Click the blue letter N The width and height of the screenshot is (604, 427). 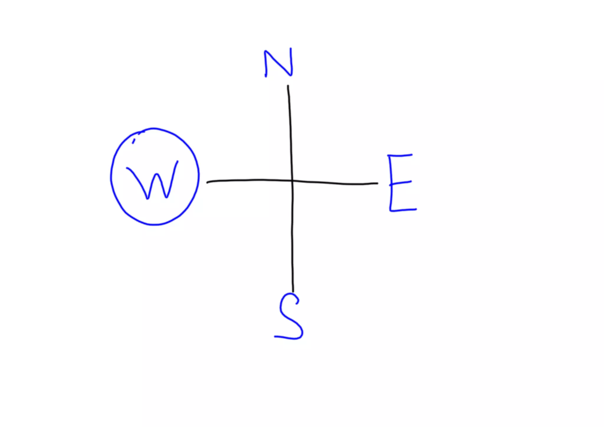[x=278, y=63]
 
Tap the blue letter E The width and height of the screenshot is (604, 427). [x=401, y=183]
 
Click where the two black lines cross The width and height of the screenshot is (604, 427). [x=292, y=180]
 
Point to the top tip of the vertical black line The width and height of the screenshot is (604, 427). [x=288, y=86]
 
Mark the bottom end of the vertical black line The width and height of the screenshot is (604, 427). [x=293, y=291]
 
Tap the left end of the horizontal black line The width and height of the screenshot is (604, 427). [x=208, y=183]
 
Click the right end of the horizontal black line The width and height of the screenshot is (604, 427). [x=377, y=183]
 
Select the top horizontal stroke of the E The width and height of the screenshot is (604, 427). [x=400, y=155]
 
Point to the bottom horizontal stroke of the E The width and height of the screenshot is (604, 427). [x=403, y=210]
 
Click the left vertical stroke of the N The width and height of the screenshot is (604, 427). [x=265, y=63]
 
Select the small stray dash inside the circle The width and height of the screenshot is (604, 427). [x=134, y=141]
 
